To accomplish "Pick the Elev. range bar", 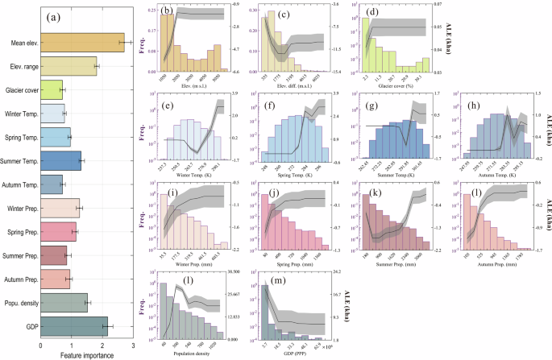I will (68, 66).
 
